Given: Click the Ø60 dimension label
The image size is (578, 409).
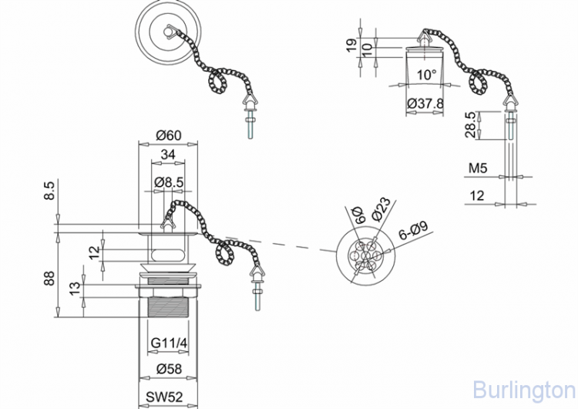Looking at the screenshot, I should pyautogui.click(x=168, y=135).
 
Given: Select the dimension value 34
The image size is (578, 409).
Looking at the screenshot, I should pyautogui.click(x=168, y=155).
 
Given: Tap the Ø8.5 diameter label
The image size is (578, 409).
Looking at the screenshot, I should pyautogui.click(x=168, y=182).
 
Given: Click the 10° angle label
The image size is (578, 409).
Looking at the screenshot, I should pyautogui.click(x=427, y=76).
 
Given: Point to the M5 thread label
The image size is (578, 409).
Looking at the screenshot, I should pyautogui.click(x=478, y=168).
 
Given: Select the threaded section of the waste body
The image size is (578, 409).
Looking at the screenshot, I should pyautogui.click(x=168, y=309).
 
